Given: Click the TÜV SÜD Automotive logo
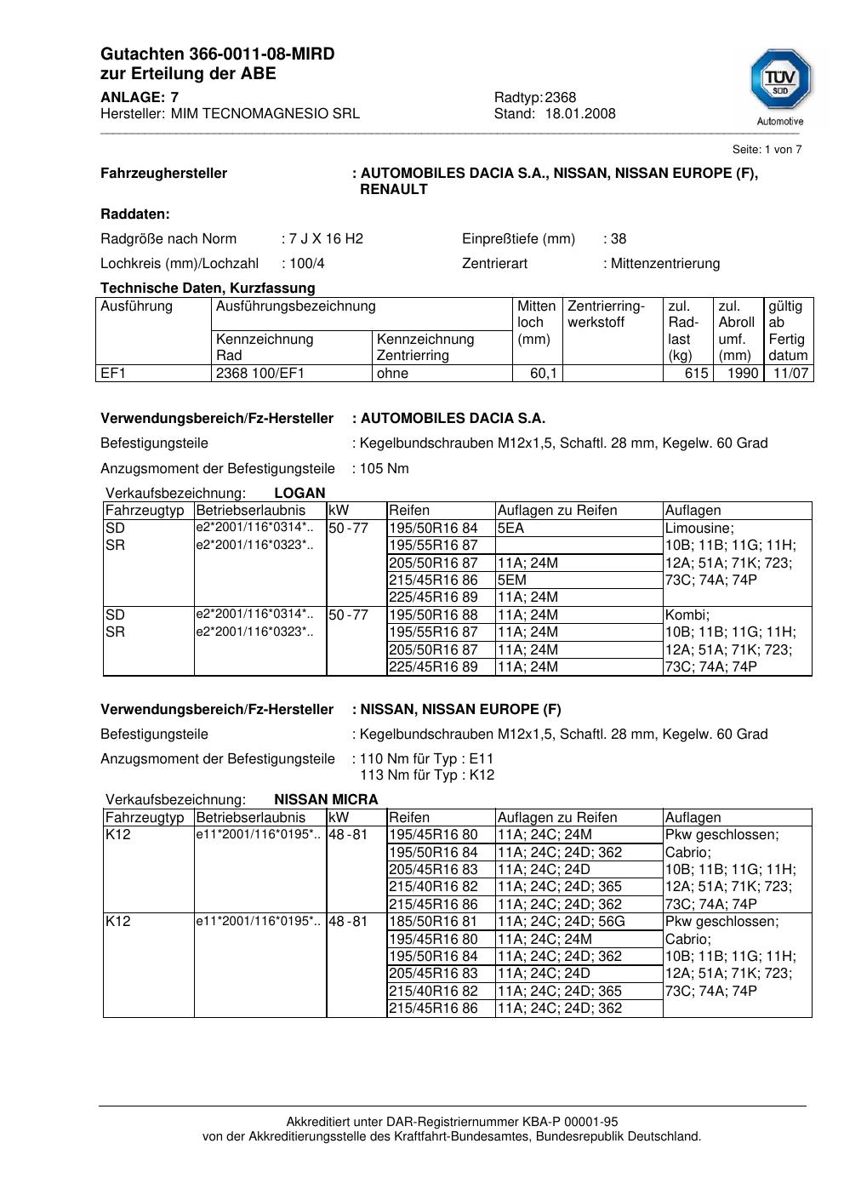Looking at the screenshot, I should tap(780, 85).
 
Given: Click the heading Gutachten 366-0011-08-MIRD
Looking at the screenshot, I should tap(217, 54).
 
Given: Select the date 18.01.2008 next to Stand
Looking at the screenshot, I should tap(580, 114).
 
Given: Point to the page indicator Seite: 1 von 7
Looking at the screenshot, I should tap(767, 150).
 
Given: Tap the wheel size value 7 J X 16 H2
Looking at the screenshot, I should tap(326, 239).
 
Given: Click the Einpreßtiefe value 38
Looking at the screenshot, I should tap(619, 239).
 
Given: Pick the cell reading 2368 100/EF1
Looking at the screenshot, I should tap(260, 374).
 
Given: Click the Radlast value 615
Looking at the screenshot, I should tap(696, 374).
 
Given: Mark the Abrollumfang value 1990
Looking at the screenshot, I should tap(742, 374).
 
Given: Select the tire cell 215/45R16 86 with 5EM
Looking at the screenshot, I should tap(433, 580).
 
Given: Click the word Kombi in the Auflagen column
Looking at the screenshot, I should tap(686, 615).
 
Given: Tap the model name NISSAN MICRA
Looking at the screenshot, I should tap(326, 800).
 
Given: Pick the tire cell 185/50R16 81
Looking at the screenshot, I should tap(433, 922).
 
